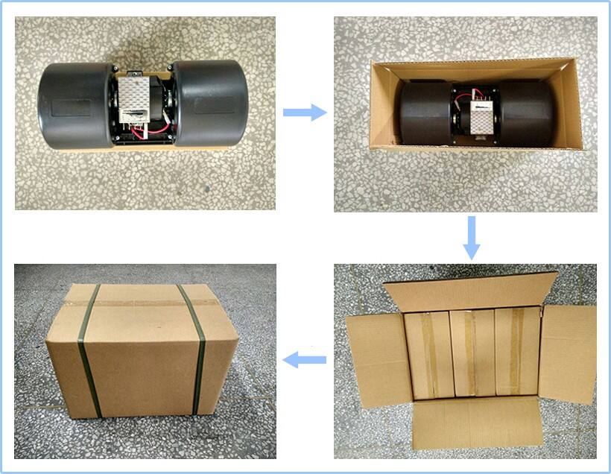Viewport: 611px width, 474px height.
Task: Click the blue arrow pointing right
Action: coord(305,113)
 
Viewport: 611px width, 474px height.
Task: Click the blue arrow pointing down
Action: coord(471,238)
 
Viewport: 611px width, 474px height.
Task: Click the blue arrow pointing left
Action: coord(306,361)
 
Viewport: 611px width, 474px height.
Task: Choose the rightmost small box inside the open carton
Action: coord(516,350)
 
